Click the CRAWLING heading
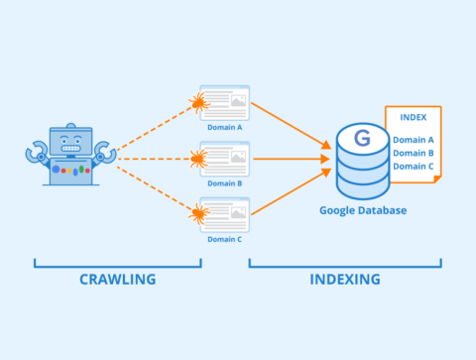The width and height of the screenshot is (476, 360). pos(117,279)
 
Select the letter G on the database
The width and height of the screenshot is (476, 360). pos(361,138)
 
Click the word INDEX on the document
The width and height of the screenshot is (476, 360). pos(413,118)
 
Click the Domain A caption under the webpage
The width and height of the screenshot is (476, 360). pos(223,126)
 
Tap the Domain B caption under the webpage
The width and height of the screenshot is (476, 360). pos(223,182)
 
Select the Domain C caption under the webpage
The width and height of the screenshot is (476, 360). pos(223,239)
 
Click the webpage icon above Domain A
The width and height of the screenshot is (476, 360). pos(226,101)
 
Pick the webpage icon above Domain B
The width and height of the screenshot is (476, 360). pos(226,158)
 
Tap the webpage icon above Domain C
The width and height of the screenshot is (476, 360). pos(226,214)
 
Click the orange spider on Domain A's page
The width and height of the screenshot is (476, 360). pos(199,102)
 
